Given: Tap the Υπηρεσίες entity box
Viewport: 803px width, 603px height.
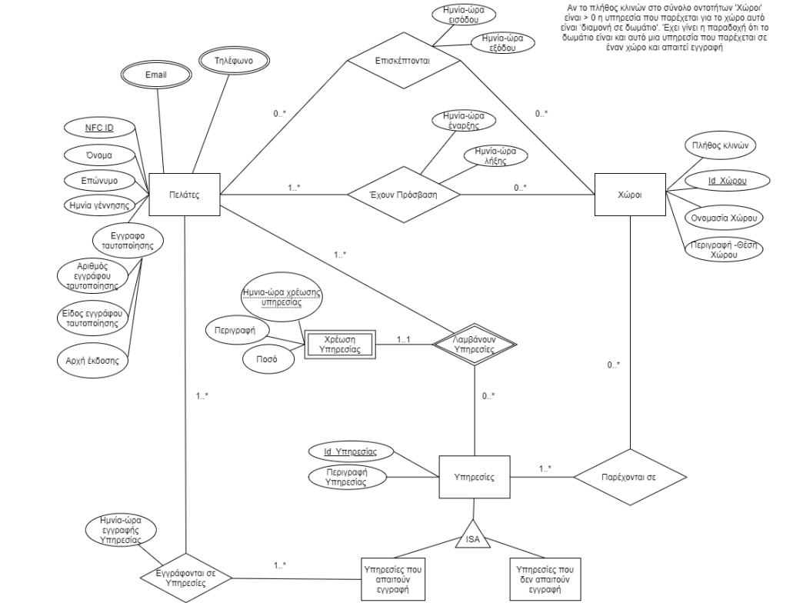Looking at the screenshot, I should tap(475, 478).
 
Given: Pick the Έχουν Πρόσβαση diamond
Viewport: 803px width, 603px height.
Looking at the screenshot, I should tap(404, 195).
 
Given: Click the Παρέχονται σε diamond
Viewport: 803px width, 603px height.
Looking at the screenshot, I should tap(629, 478).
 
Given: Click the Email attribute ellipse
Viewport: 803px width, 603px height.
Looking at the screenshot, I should tap(155, 75).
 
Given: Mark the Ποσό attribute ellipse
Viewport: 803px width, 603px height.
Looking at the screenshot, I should tap(262, 359).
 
